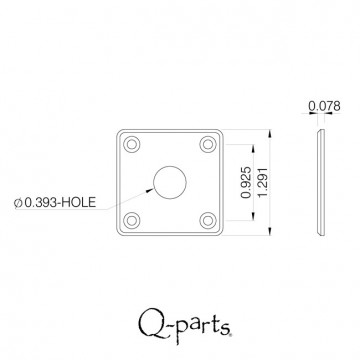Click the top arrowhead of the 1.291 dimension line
click(x=270, y=130)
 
